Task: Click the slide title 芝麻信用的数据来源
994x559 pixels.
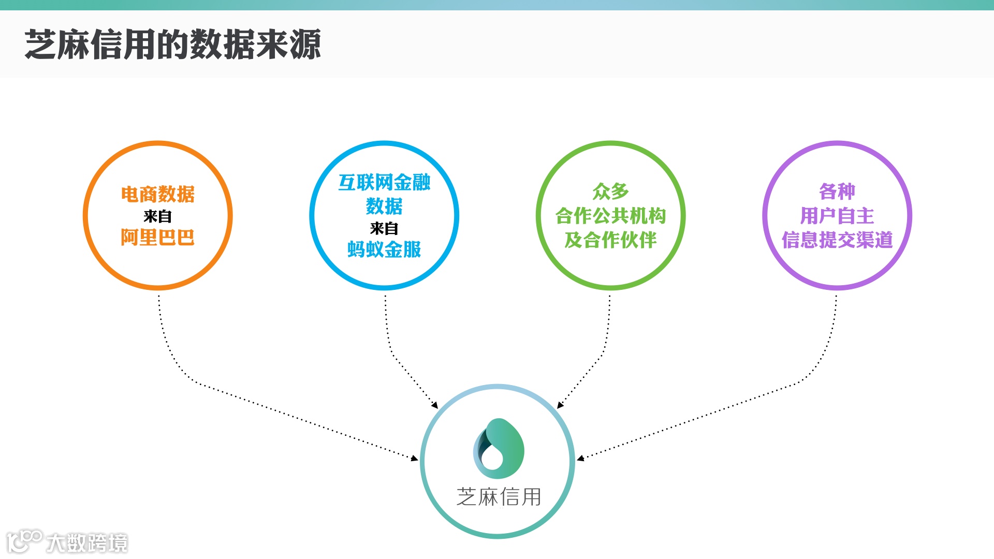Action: point(173,45)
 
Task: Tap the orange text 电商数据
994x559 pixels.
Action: point(158,195)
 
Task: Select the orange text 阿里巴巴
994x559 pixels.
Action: point(158,238)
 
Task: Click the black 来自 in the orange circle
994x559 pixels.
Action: point(158,216)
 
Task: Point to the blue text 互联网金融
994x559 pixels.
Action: point(384,183)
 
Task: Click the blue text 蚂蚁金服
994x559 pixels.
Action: point(384,249)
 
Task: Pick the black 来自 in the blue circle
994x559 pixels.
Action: point(384,228)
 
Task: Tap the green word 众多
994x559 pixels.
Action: point(611,192)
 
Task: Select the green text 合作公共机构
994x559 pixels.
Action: point(611,216)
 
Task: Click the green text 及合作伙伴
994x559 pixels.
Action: point(611,240)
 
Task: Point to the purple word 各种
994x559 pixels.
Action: point(837,192)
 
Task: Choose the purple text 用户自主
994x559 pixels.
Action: point(837,216)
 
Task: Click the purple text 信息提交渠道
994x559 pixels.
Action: point(837,240)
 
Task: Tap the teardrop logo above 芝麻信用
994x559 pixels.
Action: point(499,449)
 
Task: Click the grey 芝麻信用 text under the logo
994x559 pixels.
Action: point(499,497)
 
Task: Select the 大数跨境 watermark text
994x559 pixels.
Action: point(87,543)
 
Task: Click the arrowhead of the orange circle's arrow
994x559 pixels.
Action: point(415,458)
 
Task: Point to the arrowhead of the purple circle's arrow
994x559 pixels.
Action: point(580,458)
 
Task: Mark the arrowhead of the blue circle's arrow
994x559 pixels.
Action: point(435,405)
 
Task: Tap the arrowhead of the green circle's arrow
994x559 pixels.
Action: point(560,405)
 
